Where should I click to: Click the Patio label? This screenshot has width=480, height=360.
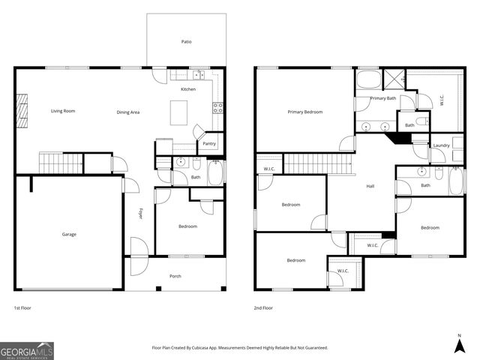[186, 42]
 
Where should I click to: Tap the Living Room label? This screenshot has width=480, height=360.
[63, 111]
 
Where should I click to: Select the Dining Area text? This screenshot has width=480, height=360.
[128, 112]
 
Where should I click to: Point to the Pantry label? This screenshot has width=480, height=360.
[209, 143]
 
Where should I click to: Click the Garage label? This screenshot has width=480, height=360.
[69, 234]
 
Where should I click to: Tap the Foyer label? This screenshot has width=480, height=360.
[139, 214]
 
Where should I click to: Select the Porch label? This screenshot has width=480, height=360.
[175, 276]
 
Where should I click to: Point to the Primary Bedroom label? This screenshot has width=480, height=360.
[305, 112]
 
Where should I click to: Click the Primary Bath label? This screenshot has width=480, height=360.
[382, 98]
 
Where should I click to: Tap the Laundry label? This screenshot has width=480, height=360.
[442, 145]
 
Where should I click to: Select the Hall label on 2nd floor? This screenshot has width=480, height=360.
[370, 186]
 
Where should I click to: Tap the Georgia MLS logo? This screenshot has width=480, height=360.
[27, 350]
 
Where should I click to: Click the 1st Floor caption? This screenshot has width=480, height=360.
[23, 307]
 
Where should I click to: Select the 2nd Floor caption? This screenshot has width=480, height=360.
[264, 307]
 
